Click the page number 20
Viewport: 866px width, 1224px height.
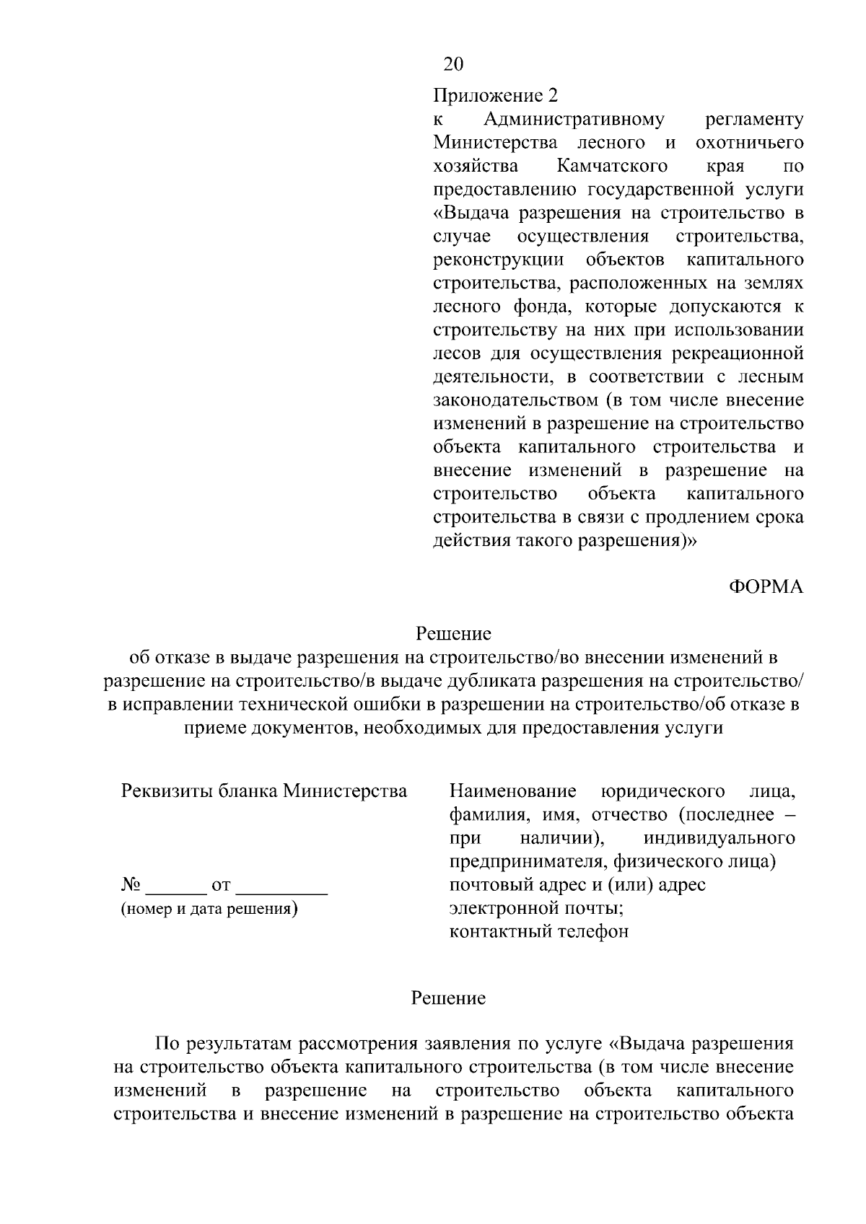[453, 65]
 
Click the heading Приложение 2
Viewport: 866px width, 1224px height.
[496, 95]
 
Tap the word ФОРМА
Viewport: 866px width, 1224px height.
[766, 587]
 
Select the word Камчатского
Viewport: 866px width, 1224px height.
[612, 166]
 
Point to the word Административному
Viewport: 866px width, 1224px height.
[574, 119]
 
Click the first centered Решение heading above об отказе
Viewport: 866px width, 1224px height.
[453, 634]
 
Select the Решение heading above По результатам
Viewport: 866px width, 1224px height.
[448, 998]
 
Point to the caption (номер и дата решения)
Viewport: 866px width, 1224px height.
[209, 909]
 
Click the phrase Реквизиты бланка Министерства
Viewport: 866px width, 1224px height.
[263, 791]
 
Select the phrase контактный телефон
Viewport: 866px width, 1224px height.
[538, 931]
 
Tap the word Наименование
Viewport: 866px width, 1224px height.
[512, 791]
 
